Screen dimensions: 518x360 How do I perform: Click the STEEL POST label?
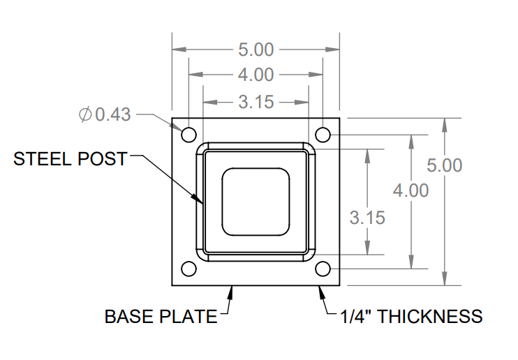coord(71,159)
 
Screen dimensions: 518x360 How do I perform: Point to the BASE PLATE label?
coord(161,317)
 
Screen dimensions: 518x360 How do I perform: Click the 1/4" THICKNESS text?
coord(411,317)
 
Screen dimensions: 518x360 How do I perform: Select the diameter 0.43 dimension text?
coord(105,114)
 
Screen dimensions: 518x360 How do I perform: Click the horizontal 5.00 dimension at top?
coord(256,50)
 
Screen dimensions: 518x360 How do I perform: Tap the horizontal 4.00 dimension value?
coord(256,75)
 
